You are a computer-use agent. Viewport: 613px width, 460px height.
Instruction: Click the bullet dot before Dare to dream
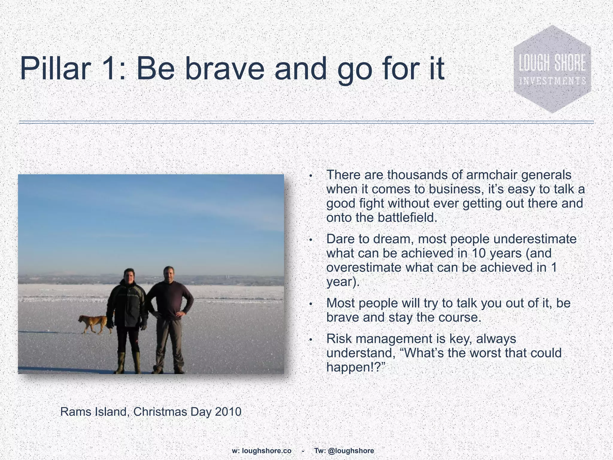tap(311, 240)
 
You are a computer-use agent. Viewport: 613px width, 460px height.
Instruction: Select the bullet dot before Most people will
tap(311, 304)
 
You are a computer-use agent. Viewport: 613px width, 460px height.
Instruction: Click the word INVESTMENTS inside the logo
tap(553, 81)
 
